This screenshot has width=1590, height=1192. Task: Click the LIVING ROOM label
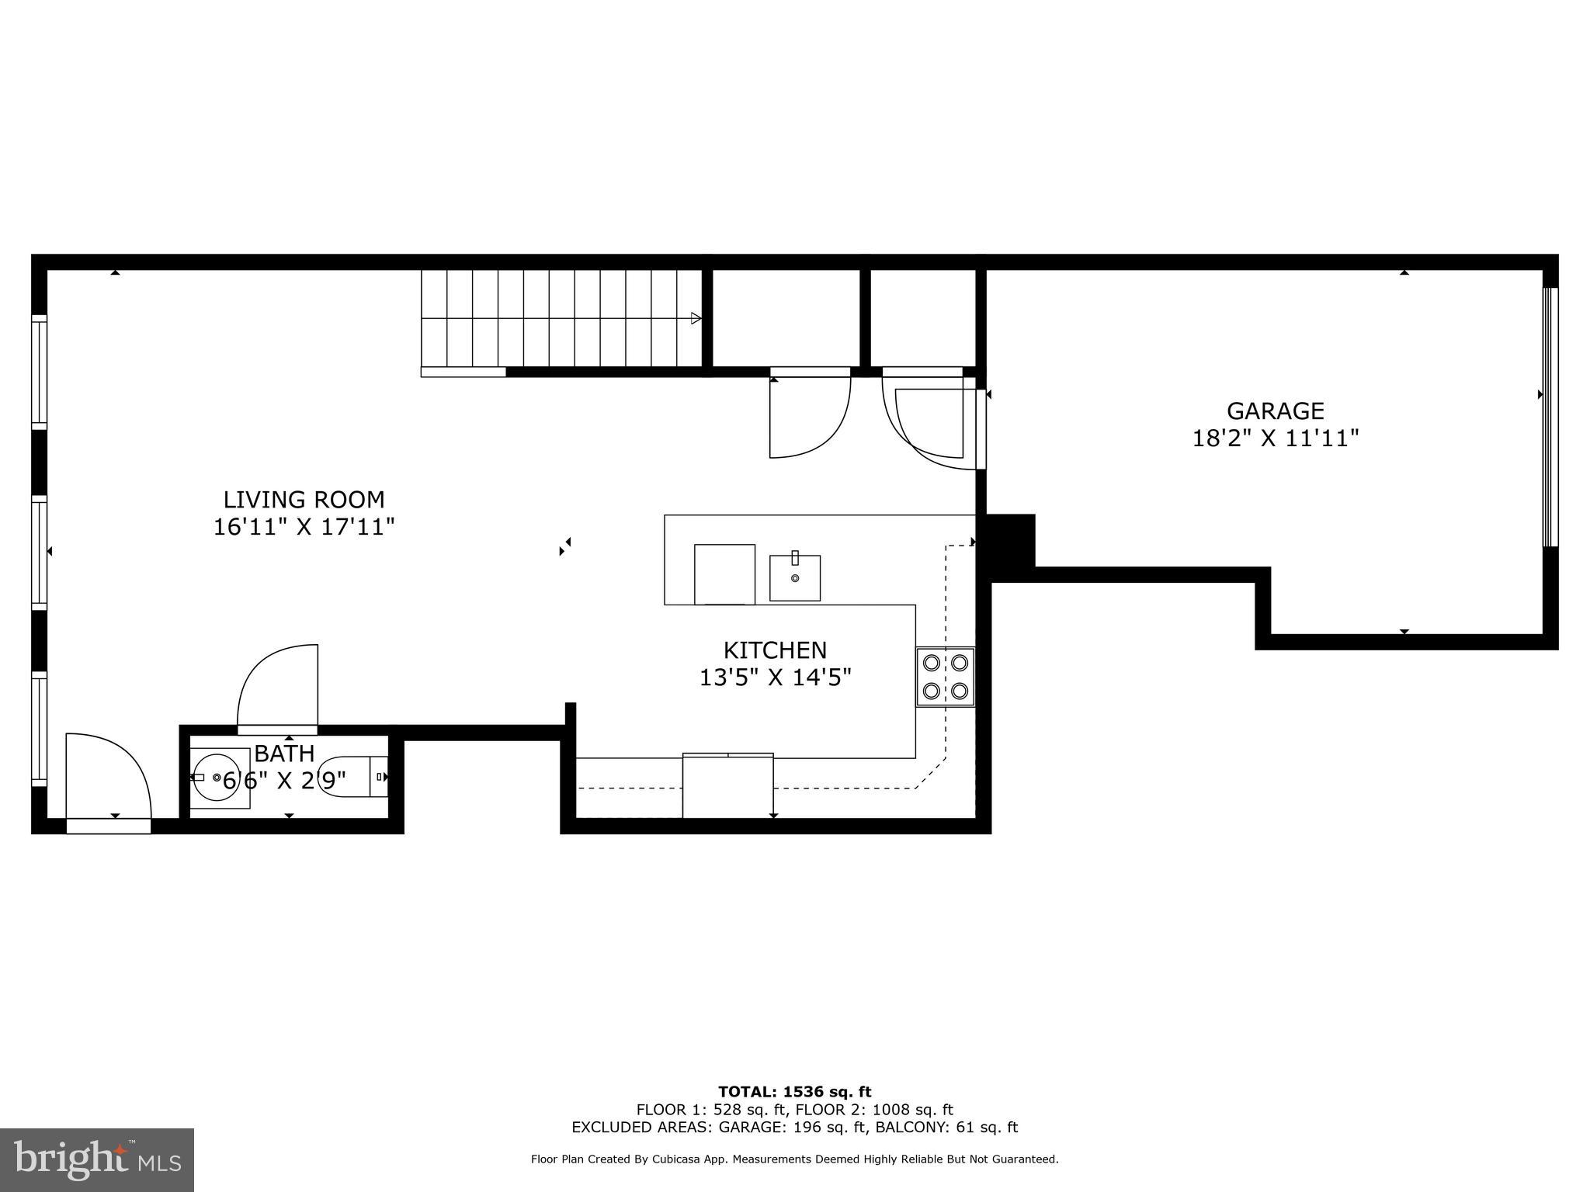click(304, 499)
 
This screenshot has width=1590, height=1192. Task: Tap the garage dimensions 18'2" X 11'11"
click(1275, 438)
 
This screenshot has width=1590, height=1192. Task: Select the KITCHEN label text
click(775, 650)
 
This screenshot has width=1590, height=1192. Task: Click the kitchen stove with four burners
click(945, 677)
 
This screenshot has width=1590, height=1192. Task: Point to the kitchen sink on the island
click(794, 577)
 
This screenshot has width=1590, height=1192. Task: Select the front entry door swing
click(106, 776)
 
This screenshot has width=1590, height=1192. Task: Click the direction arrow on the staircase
click(696, 318)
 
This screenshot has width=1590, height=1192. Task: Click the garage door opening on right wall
click(1550, 417)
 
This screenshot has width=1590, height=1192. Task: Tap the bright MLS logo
click(97, 1159)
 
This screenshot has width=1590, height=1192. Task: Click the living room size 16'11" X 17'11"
click(304, 527)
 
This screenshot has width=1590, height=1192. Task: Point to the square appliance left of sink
click(724, 573)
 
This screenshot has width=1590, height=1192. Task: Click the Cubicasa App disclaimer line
click(794, 1159)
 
